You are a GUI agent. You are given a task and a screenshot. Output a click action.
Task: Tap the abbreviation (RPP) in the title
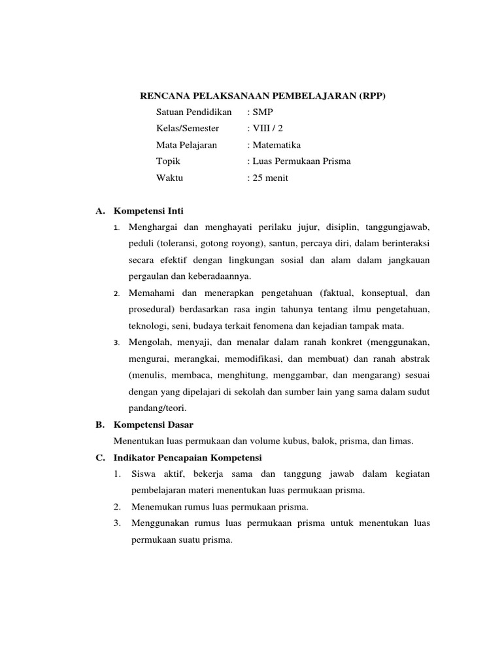point(373,96)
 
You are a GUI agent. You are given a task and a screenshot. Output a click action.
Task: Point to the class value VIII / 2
point(268,128)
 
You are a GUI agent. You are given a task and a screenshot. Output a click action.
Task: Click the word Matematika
point(277,144)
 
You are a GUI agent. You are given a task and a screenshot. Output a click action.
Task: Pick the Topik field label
point(168,161)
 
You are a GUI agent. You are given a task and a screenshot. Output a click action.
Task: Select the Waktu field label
point(170,177)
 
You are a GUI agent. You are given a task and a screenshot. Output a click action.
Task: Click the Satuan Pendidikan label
point(194,112)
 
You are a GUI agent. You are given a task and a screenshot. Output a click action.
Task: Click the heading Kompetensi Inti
point(149,211)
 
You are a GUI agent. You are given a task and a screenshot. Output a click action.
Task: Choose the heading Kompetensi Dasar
point(154,425)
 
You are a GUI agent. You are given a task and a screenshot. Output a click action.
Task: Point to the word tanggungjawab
point(399,227)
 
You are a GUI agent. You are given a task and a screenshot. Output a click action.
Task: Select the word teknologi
point(148,325)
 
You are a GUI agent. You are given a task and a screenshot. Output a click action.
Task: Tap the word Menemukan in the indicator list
point(155,506)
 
